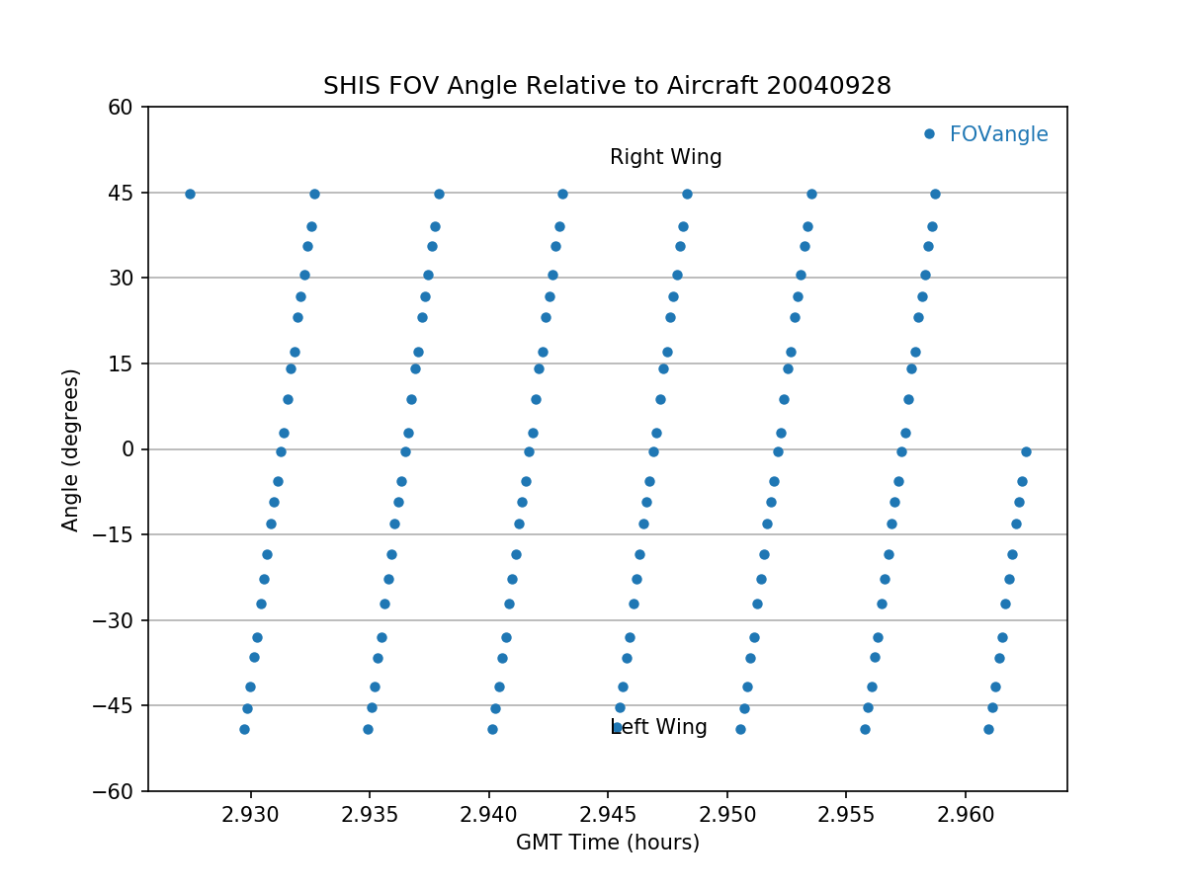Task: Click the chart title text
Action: coord(607,86)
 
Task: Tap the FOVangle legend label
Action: coord(998,134)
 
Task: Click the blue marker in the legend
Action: coord(929,133)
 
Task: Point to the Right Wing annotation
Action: coord(665,157)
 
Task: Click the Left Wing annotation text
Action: coord(659,728)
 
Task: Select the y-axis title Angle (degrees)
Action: coord(71,449)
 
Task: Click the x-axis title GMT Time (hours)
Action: coord(607,843)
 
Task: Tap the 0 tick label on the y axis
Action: coord(128,449)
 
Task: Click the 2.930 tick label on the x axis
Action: coord(250,814)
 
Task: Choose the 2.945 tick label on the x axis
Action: coord(608,814)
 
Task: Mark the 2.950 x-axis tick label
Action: coord(727,814)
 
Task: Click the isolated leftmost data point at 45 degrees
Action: coord(190,194)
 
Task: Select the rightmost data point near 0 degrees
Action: coord(1026,451)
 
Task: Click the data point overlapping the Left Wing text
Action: coord(617,728)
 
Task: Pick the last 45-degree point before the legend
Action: coord(935,194)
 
